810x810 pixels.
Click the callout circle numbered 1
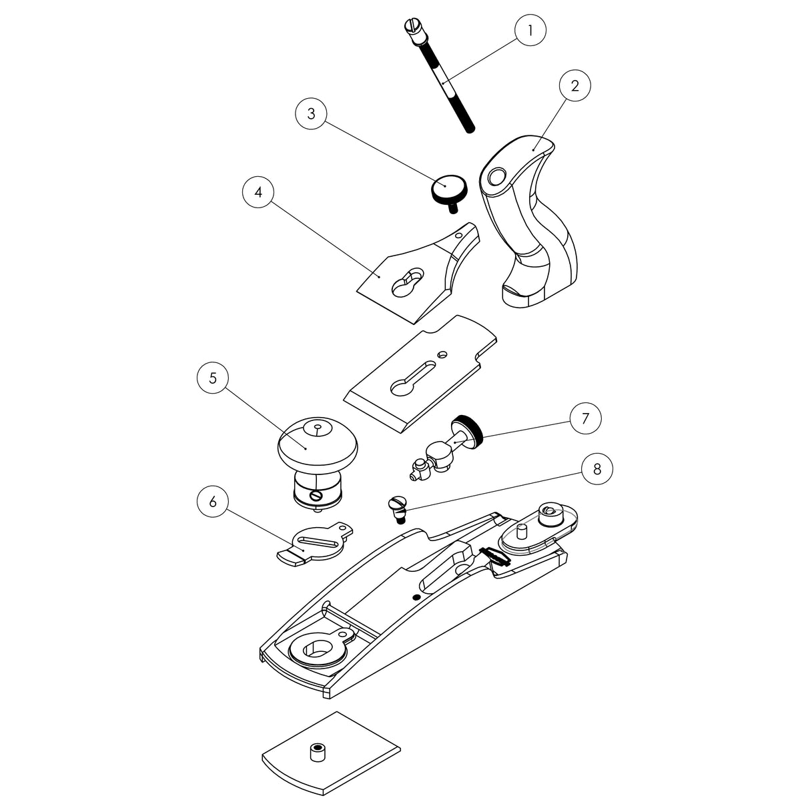(530, 30)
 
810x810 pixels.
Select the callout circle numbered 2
(575, 85)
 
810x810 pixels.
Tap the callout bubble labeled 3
(311, 113)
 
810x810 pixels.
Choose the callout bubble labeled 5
(213, 378)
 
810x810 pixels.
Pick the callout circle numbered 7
(585, 418)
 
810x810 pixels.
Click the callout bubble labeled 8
(596, 468)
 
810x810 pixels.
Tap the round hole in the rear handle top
(496, 177)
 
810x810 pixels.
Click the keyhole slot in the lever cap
(406, 281)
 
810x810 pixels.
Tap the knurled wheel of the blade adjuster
(468, 430)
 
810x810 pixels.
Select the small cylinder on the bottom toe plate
(318, 753)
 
